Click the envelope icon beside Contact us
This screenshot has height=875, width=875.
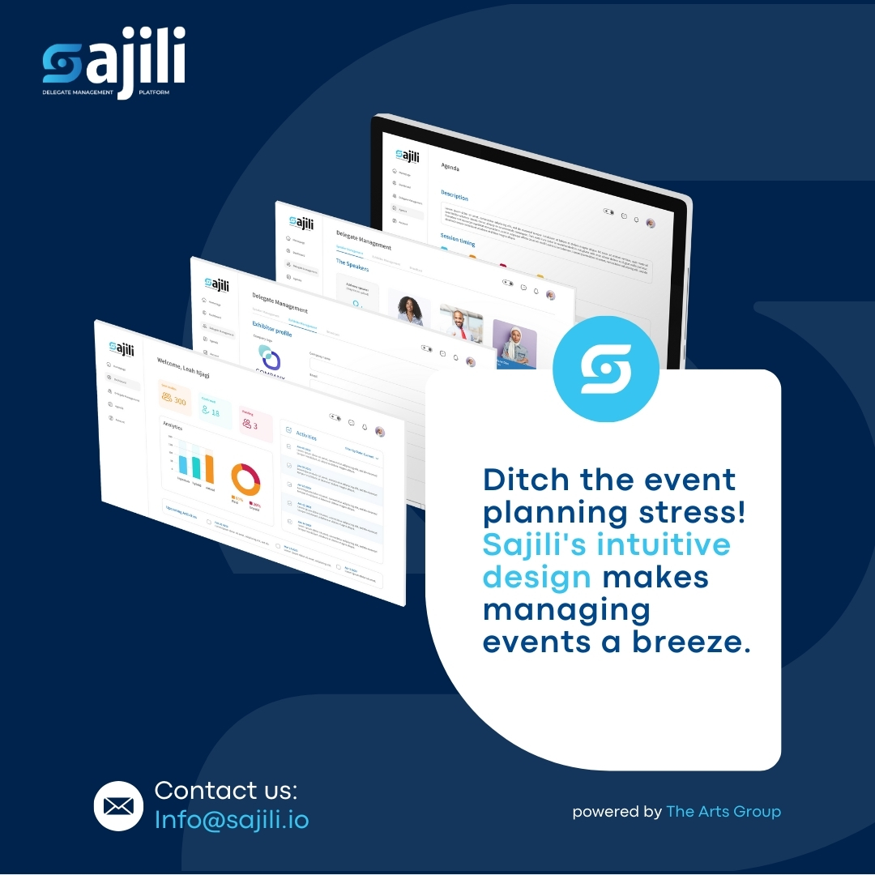(x=118, y=806)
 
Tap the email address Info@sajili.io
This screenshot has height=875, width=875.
(x=232, y=819)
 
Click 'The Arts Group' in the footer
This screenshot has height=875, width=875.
(x=723, y=811)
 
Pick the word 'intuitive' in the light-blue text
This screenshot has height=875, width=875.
(x=664, y=544)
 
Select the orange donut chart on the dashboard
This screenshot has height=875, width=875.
(x=245, y=479)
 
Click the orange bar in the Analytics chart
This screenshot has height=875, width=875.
(x=209, y=468)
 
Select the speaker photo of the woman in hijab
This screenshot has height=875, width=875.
(x=514, y=344)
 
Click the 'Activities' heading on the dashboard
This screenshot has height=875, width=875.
(x=306, y=435)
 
